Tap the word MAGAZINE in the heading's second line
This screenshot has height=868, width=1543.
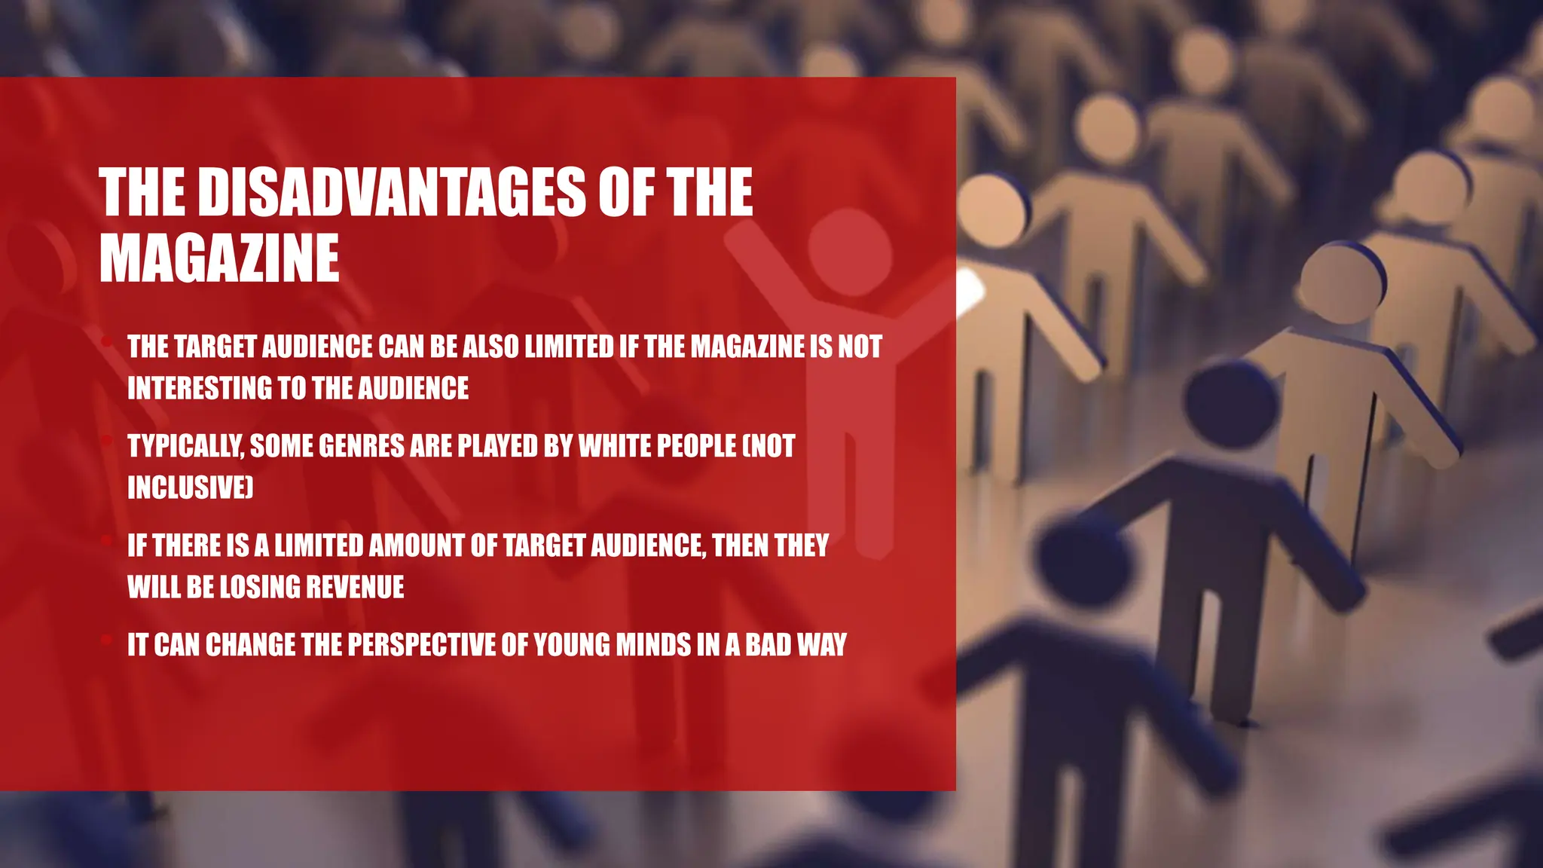tap(219, 258)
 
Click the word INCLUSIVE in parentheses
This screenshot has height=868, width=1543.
tap(188, 487)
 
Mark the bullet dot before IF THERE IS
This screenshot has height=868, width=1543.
tap(107, 541)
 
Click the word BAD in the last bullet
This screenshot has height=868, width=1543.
tap(768, 645)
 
